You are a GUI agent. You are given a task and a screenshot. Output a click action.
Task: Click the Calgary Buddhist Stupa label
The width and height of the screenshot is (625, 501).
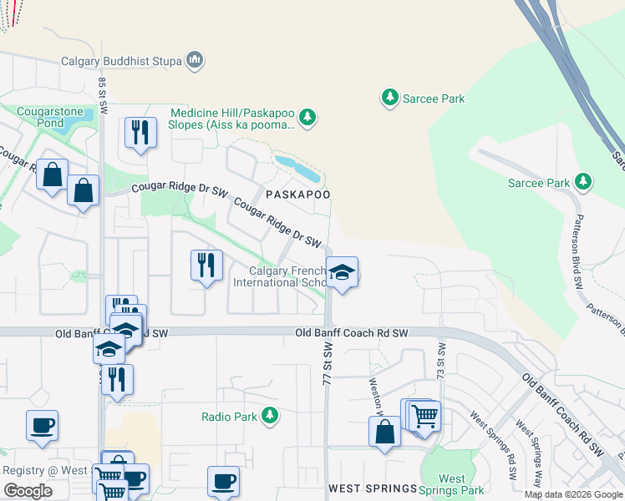[x=121, y=60]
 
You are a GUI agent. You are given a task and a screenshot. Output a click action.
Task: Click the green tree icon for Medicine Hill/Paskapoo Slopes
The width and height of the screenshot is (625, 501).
[x=308, y=118]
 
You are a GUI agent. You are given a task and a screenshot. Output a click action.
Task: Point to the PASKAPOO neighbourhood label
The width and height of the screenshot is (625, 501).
[x=297, y=194]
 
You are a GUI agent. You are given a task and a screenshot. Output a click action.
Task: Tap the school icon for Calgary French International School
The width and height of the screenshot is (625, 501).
[x=342, y=272]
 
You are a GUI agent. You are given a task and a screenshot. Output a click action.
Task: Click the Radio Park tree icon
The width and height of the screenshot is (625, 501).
[x=269, y=415]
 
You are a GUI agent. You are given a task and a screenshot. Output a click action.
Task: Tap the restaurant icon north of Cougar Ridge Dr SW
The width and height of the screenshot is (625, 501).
[x=140, y=132]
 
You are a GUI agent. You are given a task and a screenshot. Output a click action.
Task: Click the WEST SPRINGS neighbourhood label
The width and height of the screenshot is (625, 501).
[x=372, y=488]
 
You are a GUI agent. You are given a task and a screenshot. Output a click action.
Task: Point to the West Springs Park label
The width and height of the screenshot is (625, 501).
[x=452, y=484]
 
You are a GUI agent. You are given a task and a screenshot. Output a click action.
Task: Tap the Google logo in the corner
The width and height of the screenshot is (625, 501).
[x=28, y=492]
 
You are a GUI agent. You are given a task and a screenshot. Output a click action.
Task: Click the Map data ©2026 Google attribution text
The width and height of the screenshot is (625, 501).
[x=573, y=494]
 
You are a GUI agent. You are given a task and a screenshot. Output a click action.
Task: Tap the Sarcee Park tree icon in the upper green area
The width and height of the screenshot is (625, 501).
[x=389, y=98]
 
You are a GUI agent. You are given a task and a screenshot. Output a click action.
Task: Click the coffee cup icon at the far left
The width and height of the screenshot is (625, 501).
[x=42, y=425]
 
